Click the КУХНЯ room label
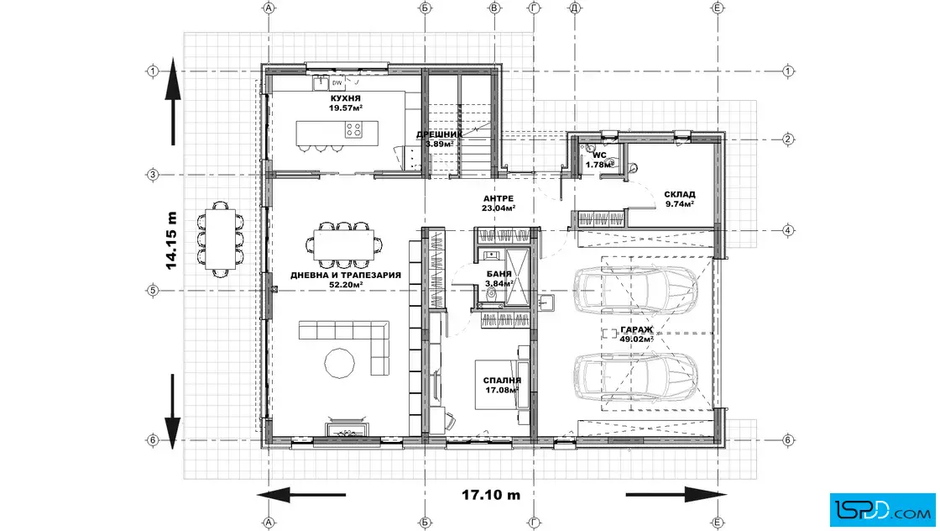(x=345, y=98)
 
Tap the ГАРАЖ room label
(x=637, y=330)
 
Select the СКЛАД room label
(x=680, y=194)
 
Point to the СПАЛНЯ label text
(x=503, y=381)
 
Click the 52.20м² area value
(x=346, y=284)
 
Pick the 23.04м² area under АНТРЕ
(x=499, y=208)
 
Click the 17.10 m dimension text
(x=491, y=495)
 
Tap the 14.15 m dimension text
(x=171, y=240)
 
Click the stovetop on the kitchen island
(x=353, y=129)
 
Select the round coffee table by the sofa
(x=339, y=363)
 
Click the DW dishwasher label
(x=337, y=83)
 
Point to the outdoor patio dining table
(x=220, y=239)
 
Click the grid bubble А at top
(x=269, y=8)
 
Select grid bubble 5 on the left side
(x=153, y=291)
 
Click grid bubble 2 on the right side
(x=788, y=139)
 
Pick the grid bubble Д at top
(x=575, y=8)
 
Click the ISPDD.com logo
(x=882, y=510)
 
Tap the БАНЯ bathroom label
(x=499, y=274)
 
